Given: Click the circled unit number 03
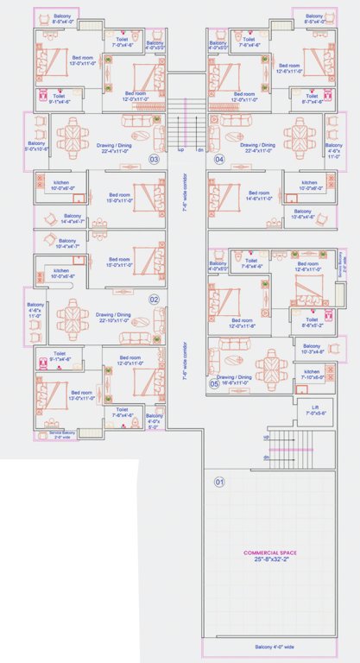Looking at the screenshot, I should (x=155, y=160).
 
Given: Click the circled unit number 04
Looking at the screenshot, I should (x=219, y=160).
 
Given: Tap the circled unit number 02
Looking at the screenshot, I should (x=155, y=300).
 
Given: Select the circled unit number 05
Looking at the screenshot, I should (x=213, y=384).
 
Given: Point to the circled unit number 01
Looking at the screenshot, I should (x=219, y=481).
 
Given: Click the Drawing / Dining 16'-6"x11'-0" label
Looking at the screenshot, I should (x=234, y=379).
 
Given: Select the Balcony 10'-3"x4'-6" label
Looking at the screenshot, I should (x=313, y=350).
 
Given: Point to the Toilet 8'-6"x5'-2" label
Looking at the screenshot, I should (x=312, y=322).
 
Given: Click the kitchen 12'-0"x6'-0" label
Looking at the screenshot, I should (x=313, y=185).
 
